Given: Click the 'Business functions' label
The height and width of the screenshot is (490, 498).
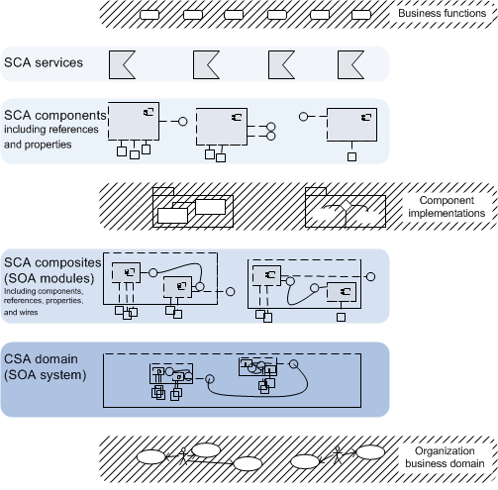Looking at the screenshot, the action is tap(442, 13).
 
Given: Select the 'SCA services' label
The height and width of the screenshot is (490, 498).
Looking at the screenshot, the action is tap(44, 62).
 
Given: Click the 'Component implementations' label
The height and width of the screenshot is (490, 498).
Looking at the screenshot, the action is tap(447, 207).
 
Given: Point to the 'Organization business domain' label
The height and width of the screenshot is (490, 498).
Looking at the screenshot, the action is tap(445, 457).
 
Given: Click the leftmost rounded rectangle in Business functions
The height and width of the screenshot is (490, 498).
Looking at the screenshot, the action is tap(149, 15).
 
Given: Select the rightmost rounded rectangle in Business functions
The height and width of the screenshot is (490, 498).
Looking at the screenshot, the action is tap(361, 15).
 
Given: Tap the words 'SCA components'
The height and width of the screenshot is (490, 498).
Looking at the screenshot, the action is tap(54, 115).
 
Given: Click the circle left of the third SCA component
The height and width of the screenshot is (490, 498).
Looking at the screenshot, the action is tap(303, 117).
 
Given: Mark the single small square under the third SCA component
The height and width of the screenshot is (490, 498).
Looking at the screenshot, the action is tap(351, 156).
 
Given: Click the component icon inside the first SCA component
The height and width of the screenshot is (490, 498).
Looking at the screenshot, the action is tap(149, 112).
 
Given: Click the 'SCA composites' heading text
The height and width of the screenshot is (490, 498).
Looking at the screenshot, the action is tap(52, 262).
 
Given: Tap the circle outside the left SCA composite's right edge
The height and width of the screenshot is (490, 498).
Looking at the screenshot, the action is tap(231, 292).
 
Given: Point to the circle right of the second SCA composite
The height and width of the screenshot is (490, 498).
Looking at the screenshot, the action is tap(371, 277).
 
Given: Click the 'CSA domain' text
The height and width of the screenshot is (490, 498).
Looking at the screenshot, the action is tap(41, 359).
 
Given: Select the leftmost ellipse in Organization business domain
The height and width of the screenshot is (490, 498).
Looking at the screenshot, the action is tap(150, 457).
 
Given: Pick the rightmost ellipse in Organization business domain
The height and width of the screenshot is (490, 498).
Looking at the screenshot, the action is tap(370, 452).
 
